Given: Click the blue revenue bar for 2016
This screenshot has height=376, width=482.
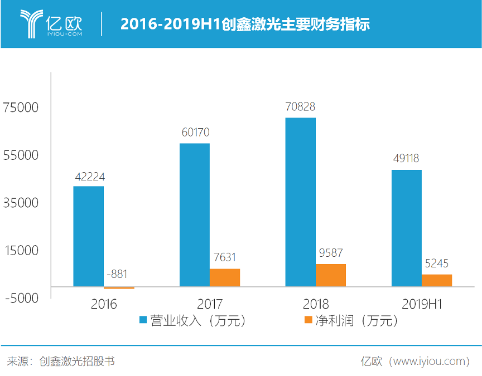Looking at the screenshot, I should click(x=89, y=236).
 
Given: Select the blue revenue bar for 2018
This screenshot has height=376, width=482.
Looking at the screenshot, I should click(x=300, y=202).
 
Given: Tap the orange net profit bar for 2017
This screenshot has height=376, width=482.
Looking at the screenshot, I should click(x=225, y=277).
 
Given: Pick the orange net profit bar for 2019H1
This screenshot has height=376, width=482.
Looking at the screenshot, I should click(x=437, y=280).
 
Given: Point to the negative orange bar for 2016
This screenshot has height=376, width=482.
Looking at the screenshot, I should click(x=119, y=287).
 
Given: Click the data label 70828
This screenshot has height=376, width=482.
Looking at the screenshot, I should click(x=300, y=107).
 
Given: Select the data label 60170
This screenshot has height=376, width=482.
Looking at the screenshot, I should click(x=195, y=133).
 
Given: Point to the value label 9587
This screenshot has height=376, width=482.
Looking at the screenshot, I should click(x=330, y=253).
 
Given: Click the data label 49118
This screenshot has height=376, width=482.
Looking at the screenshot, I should click(x=406, y=159).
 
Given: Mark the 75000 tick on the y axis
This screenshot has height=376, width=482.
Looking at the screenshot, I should click(x=21, y=107).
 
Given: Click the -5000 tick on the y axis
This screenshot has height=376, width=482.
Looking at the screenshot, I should click(x=22, y=298).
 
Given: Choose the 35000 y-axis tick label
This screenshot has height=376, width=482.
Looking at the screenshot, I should click(x=21, y=203).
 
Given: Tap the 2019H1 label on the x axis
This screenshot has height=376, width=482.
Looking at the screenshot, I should click(x=422, y=304).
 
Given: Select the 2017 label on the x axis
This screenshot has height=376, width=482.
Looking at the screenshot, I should click(x=210, y=304).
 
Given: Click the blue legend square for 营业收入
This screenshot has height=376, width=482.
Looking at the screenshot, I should click(x=143, y=320).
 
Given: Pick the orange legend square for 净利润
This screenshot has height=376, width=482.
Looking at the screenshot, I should click(x=306, y=320).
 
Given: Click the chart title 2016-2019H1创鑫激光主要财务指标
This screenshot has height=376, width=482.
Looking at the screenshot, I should click(x=245, y=25).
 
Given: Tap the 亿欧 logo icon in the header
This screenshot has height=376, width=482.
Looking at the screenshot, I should click(x=32, y=24).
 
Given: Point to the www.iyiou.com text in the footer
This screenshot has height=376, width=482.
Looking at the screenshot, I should click(x=429, y=361).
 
